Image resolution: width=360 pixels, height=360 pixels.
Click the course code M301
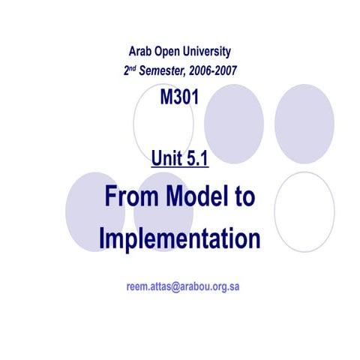tap(179, 98)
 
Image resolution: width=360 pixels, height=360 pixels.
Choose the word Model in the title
tap(194, 197)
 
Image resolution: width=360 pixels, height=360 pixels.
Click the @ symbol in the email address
tap(175, 286)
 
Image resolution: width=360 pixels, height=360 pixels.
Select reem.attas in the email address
tap(148, 286)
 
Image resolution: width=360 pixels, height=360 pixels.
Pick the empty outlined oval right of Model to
tap(304, 211)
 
